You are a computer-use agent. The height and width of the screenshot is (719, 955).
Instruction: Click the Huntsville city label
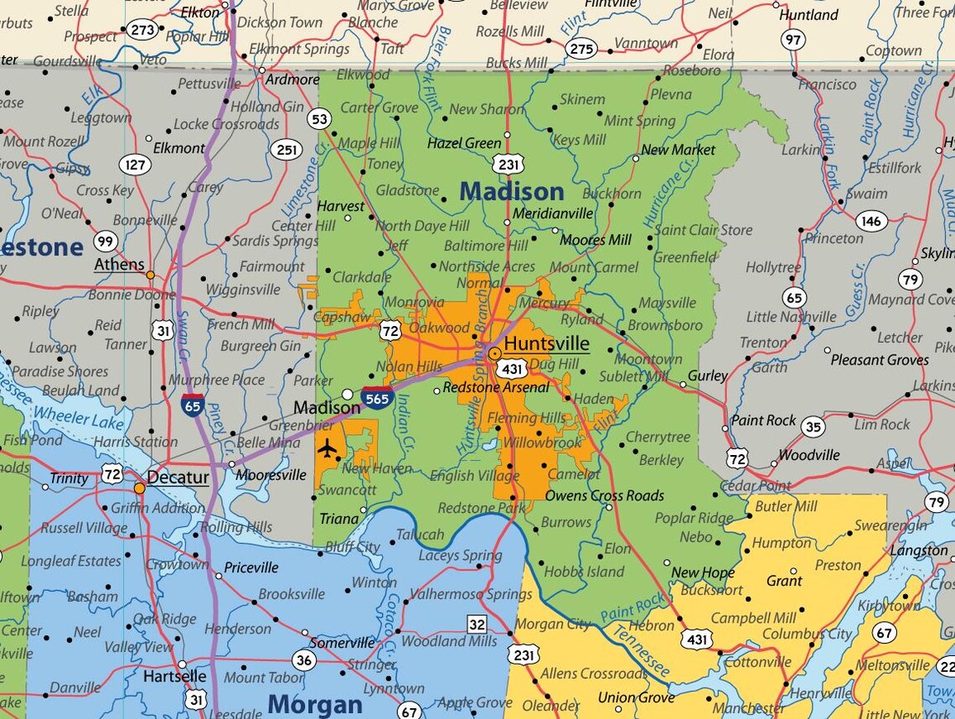(x=547, y=344)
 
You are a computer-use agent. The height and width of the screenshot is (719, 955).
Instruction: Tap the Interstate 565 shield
(x=377, y=398)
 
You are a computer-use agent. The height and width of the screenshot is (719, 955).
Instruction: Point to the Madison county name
(x=511, y=191)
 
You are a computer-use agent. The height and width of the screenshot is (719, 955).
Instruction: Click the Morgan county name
(x=314, y=704)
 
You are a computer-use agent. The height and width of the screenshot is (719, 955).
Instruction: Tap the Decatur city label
(x=178, y=478)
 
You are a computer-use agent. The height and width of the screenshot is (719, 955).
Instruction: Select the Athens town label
(x=119, y=265)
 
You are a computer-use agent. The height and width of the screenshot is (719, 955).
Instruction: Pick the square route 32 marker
(x=477, y=623)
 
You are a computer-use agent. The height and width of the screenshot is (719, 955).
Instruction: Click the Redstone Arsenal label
(x=495, y=387)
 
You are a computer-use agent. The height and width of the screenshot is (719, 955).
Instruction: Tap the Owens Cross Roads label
(x=604, y=495)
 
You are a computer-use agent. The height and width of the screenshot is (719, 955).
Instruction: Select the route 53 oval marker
(x=318, y=119)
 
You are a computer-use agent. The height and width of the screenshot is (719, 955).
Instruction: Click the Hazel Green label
(x=463, y=143)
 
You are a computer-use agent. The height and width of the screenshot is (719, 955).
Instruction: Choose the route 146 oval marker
(x=871, y=220)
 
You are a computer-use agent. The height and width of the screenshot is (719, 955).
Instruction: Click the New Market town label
(x=678, y=150)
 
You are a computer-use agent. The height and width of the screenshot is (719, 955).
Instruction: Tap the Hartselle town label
(x=174, y=675)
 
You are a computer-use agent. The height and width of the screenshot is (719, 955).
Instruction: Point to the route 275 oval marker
(x=581, y=49)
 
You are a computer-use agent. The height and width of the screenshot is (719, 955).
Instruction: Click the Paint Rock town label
(x=763, y=420)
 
